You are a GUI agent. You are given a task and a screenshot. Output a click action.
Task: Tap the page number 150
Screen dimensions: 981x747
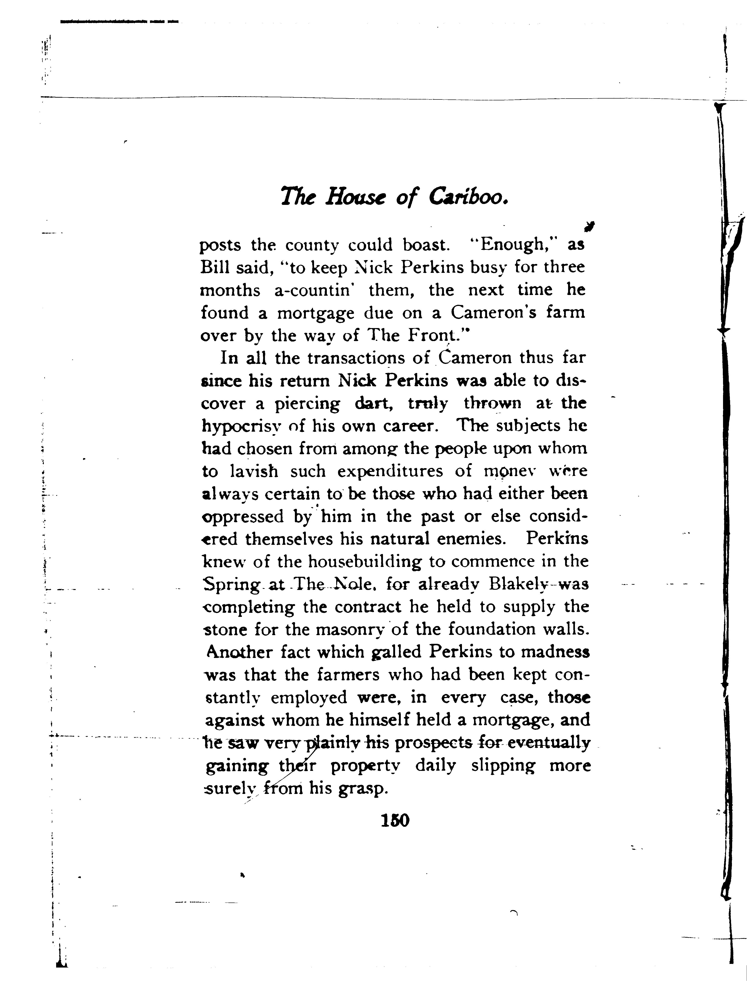[x=395, y=820]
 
